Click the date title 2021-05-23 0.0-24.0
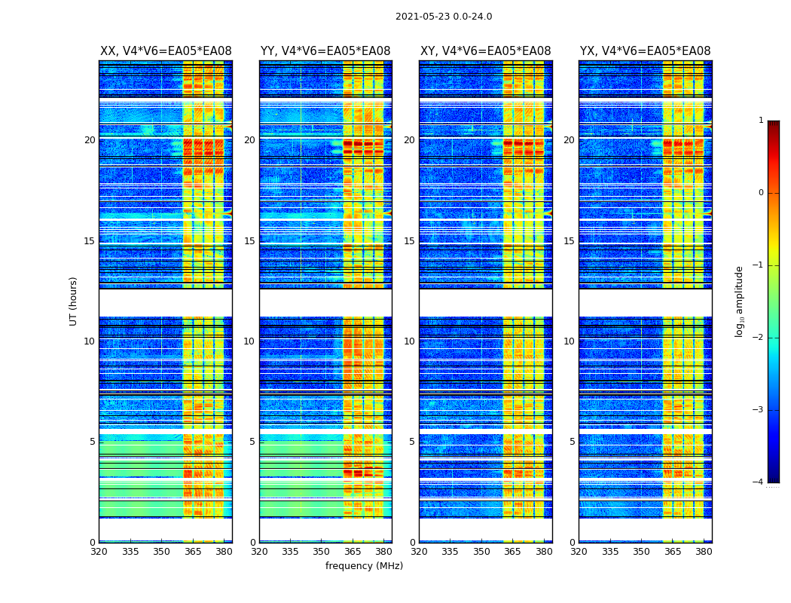(444, 17)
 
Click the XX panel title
(166, 51)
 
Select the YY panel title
(325, 51)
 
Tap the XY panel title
(485, 51)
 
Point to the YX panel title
(645, 51)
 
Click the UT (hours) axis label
(74, 301)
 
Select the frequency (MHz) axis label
(364, 566)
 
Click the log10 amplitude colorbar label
(739, 301)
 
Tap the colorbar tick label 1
(760, 121)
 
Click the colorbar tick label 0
(760, 193)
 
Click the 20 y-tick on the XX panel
(90, 140)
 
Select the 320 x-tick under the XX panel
(99, 552)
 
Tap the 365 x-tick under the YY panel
(353, 552)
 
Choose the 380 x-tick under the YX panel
(704, 552)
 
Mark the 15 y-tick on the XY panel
(409, 241)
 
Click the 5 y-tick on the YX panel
(572, 442)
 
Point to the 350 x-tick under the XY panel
(481, 552)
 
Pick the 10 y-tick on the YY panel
(249, 341)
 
